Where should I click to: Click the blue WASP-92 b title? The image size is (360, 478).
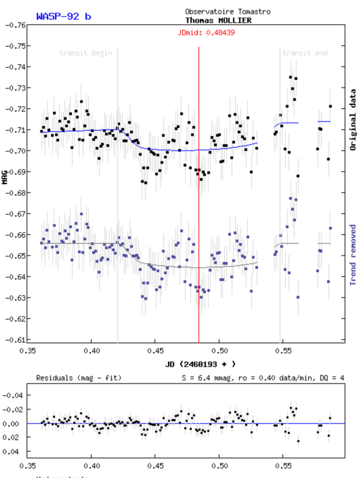pos(64,16)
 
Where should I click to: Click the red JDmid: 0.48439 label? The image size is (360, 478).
pos(206,33)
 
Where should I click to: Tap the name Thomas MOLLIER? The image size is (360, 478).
pos(218,21)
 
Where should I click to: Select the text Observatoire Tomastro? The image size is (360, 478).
pos(228,11)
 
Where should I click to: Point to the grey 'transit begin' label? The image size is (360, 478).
pos(86,53)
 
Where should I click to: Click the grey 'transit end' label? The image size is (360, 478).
pos(305,53)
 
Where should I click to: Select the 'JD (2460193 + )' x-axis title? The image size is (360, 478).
pos(201,364)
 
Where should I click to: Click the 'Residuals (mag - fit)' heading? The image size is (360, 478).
pos(79,378)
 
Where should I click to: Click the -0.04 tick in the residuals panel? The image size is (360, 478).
pos(13,395)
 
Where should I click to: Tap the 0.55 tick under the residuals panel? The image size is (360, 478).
pos(283,464)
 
